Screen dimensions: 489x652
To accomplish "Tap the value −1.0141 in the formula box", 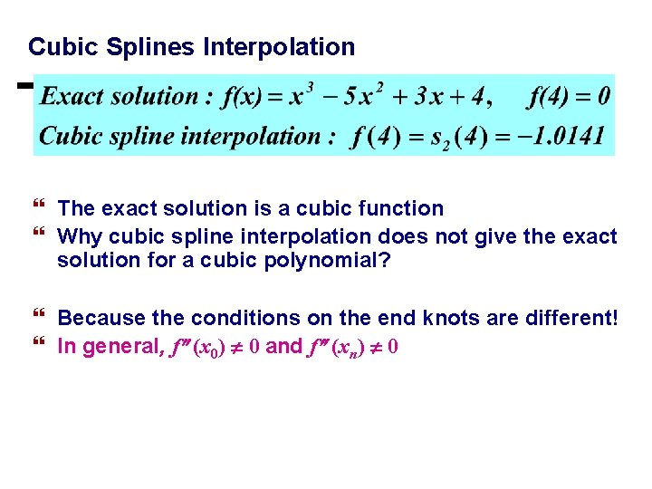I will coord(568,137).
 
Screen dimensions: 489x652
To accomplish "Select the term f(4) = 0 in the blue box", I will coord(569,96).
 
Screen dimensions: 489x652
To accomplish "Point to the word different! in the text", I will coord(571,319).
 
